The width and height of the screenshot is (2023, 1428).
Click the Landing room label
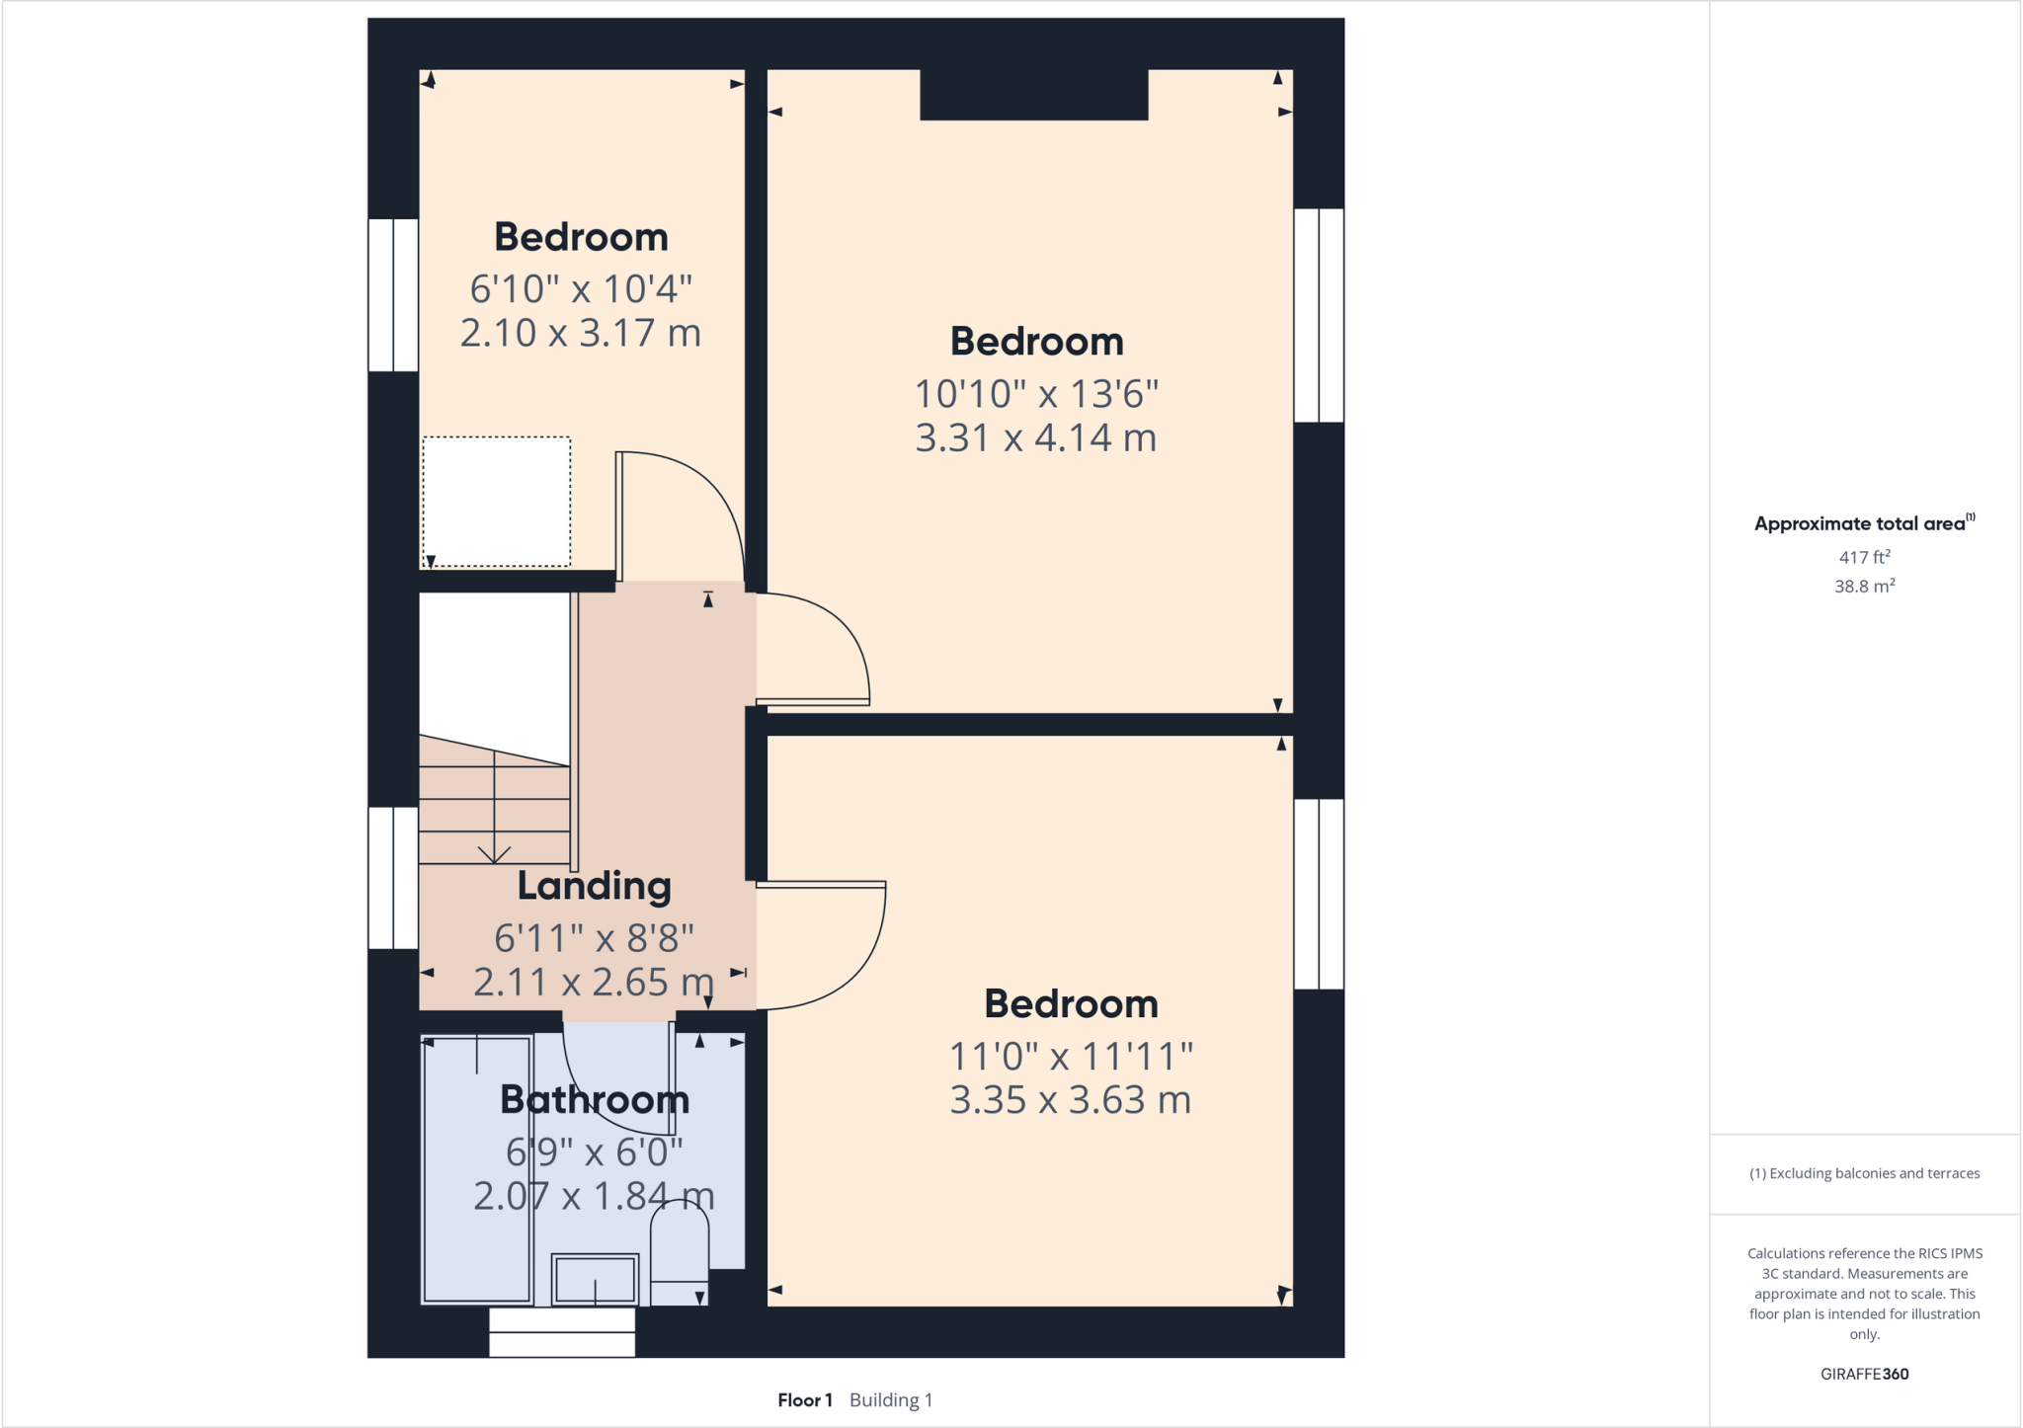(x=594, y=886)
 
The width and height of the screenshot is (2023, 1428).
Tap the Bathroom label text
(x=594, y=1099)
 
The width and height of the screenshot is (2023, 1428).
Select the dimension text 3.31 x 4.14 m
(x=1035, y=437)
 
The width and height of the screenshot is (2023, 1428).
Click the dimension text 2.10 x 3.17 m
(x=581, y=333)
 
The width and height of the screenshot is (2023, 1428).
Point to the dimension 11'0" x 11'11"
(x=1071, y=1056)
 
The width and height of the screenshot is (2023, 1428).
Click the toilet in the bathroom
(x=680, y=1249)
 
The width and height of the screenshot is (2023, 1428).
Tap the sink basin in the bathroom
(x=595, y=1280)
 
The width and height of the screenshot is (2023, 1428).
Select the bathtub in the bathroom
(x=477, y=1170)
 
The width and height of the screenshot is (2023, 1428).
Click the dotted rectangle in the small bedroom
(x=497, y=502)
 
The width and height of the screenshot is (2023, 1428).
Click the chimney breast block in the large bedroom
(x=1033, y=95)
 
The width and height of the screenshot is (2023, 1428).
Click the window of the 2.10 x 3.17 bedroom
(x=393, y=295)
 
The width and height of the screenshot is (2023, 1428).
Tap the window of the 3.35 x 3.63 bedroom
(x=1319, y=894)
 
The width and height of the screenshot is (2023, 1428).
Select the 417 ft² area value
(x=1864, y=557)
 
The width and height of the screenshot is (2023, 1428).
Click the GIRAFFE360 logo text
(x=1864, y=1374)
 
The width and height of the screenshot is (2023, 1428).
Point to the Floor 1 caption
(x=804, y=1399)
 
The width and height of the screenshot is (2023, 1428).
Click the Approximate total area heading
(x=1859, y=524)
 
